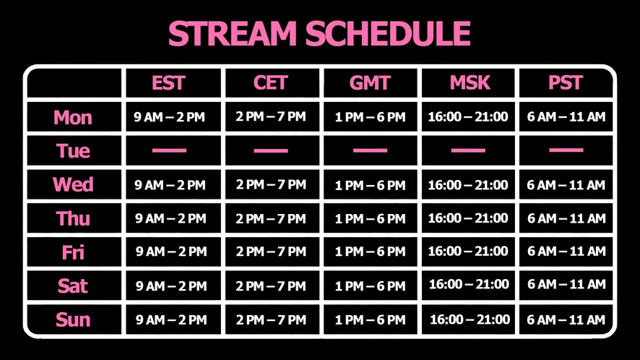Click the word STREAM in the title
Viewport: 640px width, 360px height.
coord(233,33)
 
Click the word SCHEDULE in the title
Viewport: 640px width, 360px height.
coord(388,33)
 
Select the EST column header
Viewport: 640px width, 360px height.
coord(168,83)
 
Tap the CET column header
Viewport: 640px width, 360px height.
coord(271,83)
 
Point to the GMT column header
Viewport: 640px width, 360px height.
coord(370,83)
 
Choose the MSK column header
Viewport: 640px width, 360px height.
coord(470,83)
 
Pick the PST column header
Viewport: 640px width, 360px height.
coord(566,83)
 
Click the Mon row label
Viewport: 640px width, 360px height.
coord(73,118)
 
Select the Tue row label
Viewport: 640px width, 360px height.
coord(73,151)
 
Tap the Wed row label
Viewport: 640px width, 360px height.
coord(73,185)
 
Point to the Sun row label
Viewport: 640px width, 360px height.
coord(73,320)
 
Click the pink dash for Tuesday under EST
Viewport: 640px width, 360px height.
coord(169,150)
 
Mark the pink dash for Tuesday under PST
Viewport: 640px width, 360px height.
coord(566,150)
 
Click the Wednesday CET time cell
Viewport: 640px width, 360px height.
coord(271,185)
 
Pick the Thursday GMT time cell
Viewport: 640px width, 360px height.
coord(371,218)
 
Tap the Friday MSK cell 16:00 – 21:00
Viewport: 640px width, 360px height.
coord(468,252)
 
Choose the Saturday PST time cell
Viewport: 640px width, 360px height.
coord(566,284)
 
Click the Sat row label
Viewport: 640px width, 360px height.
coord(73,286)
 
